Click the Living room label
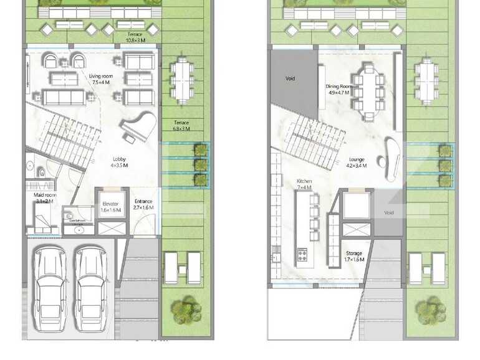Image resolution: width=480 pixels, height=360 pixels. (x=100, y=78)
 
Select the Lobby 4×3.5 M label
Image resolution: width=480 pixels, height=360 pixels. (x=119, y=163)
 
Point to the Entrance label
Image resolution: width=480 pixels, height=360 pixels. (x=144, y=204)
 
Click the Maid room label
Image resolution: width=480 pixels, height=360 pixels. (x=44, y=198)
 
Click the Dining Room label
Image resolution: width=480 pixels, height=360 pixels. (x=339, y=90)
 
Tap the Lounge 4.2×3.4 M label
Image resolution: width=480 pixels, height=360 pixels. (x=357, y=163)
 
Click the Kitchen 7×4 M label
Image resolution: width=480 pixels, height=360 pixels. (x=304, y=184)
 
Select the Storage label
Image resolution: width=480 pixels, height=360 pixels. (x=355, y=257)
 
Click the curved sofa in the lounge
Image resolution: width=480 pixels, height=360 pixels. (x=393, y=156)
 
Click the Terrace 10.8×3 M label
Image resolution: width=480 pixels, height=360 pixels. (x=136, y=37)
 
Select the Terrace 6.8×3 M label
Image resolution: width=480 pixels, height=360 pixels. (x=181, y=126)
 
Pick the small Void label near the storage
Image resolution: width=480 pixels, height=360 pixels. (x=389, y=213)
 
